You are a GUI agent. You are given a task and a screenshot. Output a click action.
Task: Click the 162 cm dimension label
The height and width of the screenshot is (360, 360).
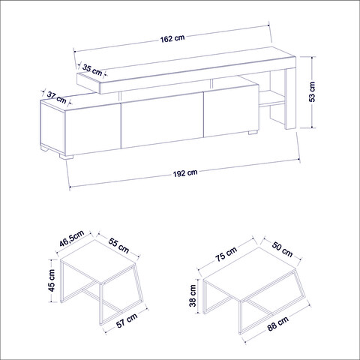174,38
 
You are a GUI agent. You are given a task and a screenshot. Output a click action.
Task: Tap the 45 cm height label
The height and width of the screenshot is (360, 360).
52,281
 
